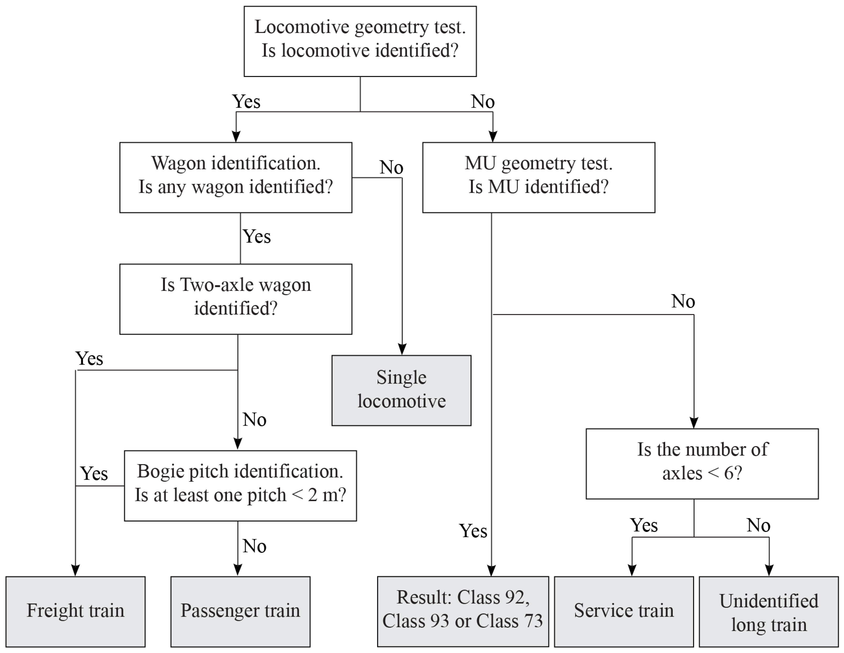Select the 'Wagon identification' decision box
(236, 177)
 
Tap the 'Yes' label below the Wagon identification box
(257, 236)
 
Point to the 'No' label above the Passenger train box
(254, 546)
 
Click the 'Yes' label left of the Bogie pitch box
(94, 474)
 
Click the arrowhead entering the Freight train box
(75, 570)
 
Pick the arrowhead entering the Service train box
(632, 570)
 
